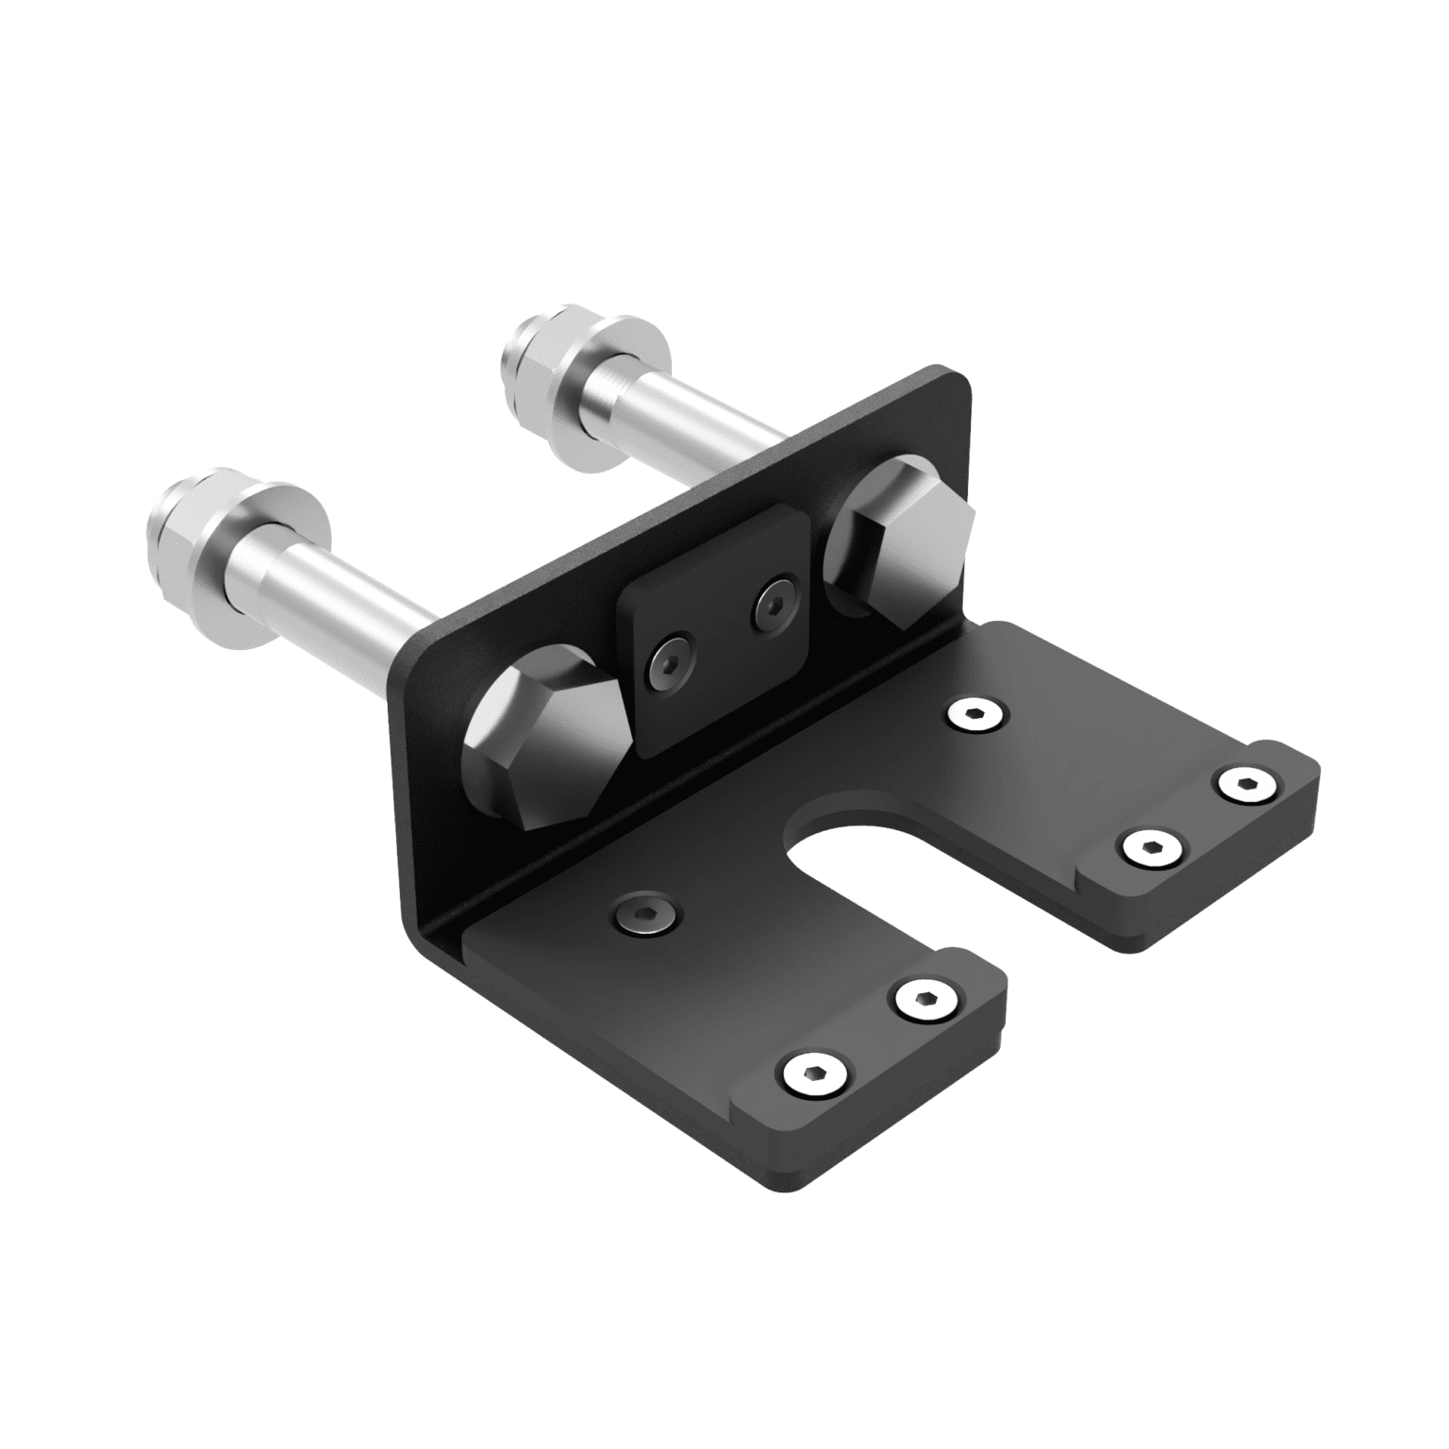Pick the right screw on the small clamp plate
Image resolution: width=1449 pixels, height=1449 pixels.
coord(775,606)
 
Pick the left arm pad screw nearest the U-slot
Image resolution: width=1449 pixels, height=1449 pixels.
coord(924,1002)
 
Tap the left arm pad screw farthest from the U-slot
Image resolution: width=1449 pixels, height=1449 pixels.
coord(812,1073)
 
